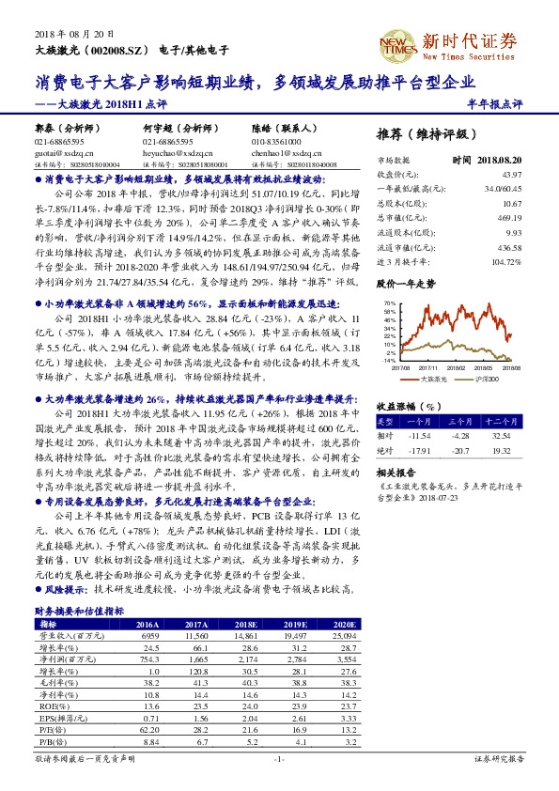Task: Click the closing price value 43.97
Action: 511,175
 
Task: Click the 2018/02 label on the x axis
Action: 456,368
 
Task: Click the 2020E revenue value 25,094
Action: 341,636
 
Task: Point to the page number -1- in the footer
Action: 278,757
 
